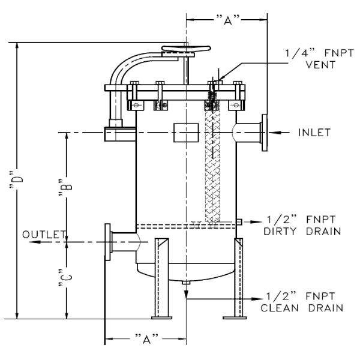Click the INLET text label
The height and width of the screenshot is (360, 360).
pos(314,133)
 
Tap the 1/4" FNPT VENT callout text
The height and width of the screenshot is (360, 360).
pos(310,58)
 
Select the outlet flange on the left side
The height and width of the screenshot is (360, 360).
pos(108,242)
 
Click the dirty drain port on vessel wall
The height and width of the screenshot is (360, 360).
pos(238,222)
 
